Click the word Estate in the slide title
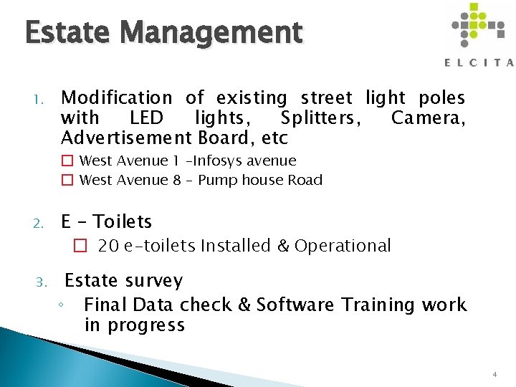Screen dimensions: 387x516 64,33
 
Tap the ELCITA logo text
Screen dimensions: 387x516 479,62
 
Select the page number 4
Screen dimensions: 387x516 495,375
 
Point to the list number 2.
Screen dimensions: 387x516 42,223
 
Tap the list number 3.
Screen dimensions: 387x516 43,282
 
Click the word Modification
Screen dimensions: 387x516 117,97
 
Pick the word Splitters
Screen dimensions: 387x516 320,118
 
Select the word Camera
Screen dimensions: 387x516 428,118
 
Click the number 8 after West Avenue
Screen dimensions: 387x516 176,180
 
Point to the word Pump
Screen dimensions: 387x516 217,180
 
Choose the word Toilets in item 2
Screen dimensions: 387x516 123,222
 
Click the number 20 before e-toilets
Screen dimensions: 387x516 108,246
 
